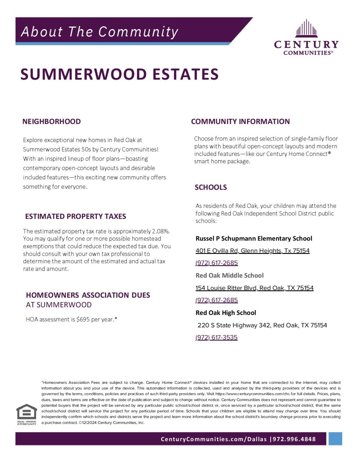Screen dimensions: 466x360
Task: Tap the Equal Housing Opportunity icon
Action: click(27, 414)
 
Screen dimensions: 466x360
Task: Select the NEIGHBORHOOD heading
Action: click(52, 122)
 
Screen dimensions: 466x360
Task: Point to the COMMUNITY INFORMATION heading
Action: click(240, 122)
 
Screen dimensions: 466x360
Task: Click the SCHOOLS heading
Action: click(211, 187)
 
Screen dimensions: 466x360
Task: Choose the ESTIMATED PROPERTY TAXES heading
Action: click(76, 216)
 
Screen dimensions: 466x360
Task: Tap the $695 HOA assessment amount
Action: click(83, 319)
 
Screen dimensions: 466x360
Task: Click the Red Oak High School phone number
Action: click(216, 337)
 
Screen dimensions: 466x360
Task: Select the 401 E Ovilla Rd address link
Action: click(253, 251)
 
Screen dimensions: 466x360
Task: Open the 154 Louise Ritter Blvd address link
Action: click(254, 288)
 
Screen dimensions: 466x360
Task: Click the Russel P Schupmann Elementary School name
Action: click(254, 238)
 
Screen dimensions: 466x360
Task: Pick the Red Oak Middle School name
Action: click(229, 275)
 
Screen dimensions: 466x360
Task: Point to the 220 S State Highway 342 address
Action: click(262, 325)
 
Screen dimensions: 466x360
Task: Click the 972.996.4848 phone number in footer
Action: click(294, 439)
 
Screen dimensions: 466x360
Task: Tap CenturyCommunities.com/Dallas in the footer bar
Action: click(214, 439)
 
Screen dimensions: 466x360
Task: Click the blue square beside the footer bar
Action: click(335, 439)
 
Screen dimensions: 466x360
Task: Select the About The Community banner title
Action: click(100, 32)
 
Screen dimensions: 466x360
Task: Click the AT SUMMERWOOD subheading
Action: click(59, 305)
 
